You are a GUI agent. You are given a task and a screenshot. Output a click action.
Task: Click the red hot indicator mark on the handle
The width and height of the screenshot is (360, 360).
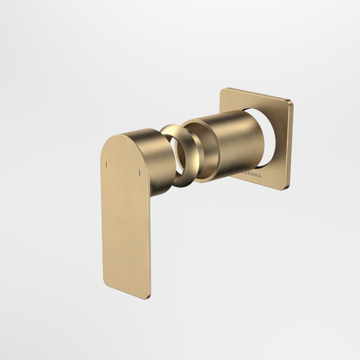[106, 164]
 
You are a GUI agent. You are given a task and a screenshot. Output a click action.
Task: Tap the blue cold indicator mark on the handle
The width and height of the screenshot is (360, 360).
[139, 173]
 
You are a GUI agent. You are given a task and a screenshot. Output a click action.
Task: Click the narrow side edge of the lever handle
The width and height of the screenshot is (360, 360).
[149, 240]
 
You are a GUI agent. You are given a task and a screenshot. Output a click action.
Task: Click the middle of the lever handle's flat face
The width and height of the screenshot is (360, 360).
[126, 222]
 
